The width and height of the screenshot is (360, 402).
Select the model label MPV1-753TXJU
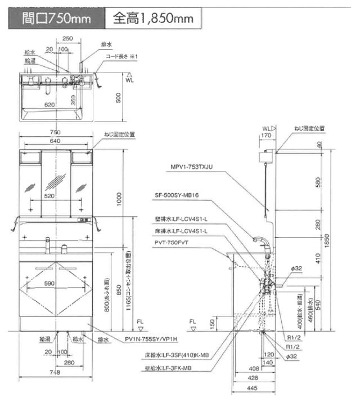[x=193, y=167]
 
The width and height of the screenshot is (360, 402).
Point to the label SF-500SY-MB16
[x=182, y=195]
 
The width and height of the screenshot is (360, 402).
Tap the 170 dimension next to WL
[x=267, y=135]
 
